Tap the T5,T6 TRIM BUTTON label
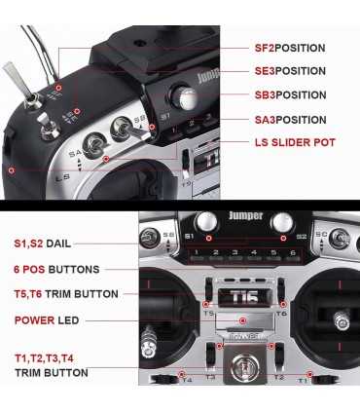[x=66, y=293]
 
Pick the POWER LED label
[x=48, y=319]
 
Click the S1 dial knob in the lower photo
[x=205, y=222]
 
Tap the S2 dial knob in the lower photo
[x=283, y=222]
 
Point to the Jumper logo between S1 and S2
[x=245, y=216]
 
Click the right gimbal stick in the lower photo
[x=341, y=318]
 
